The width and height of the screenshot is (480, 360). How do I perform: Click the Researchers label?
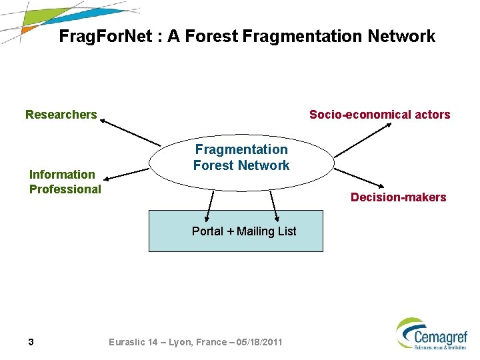[x=61, y=115]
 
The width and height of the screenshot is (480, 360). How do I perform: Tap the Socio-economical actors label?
[x=379, y=115]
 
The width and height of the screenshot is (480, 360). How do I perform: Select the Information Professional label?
[x=65, y=182]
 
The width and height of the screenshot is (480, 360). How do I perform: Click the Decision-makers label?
[x=398, y=197]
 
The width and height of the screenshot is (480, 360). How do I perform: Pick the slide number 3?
[x=31, y=342]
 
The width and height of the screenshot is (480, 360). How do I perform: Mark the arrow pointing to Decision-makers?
[x=359, y=177]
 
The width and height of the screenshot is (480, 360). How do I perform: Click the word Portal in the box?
[x=207, y=231]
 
